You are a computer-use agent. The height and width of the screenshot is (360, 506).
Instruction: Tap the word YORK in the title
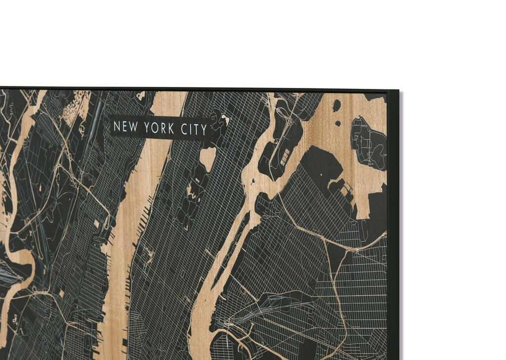157,128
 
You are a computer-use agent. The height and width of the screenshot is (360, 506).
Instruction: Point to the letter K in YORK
171,129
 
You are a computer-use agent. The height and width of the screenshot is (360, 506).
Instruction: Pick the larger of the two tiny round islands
337,105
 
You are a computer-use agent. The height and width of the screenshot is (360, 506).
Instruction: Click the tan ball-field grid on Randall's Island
286,157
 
